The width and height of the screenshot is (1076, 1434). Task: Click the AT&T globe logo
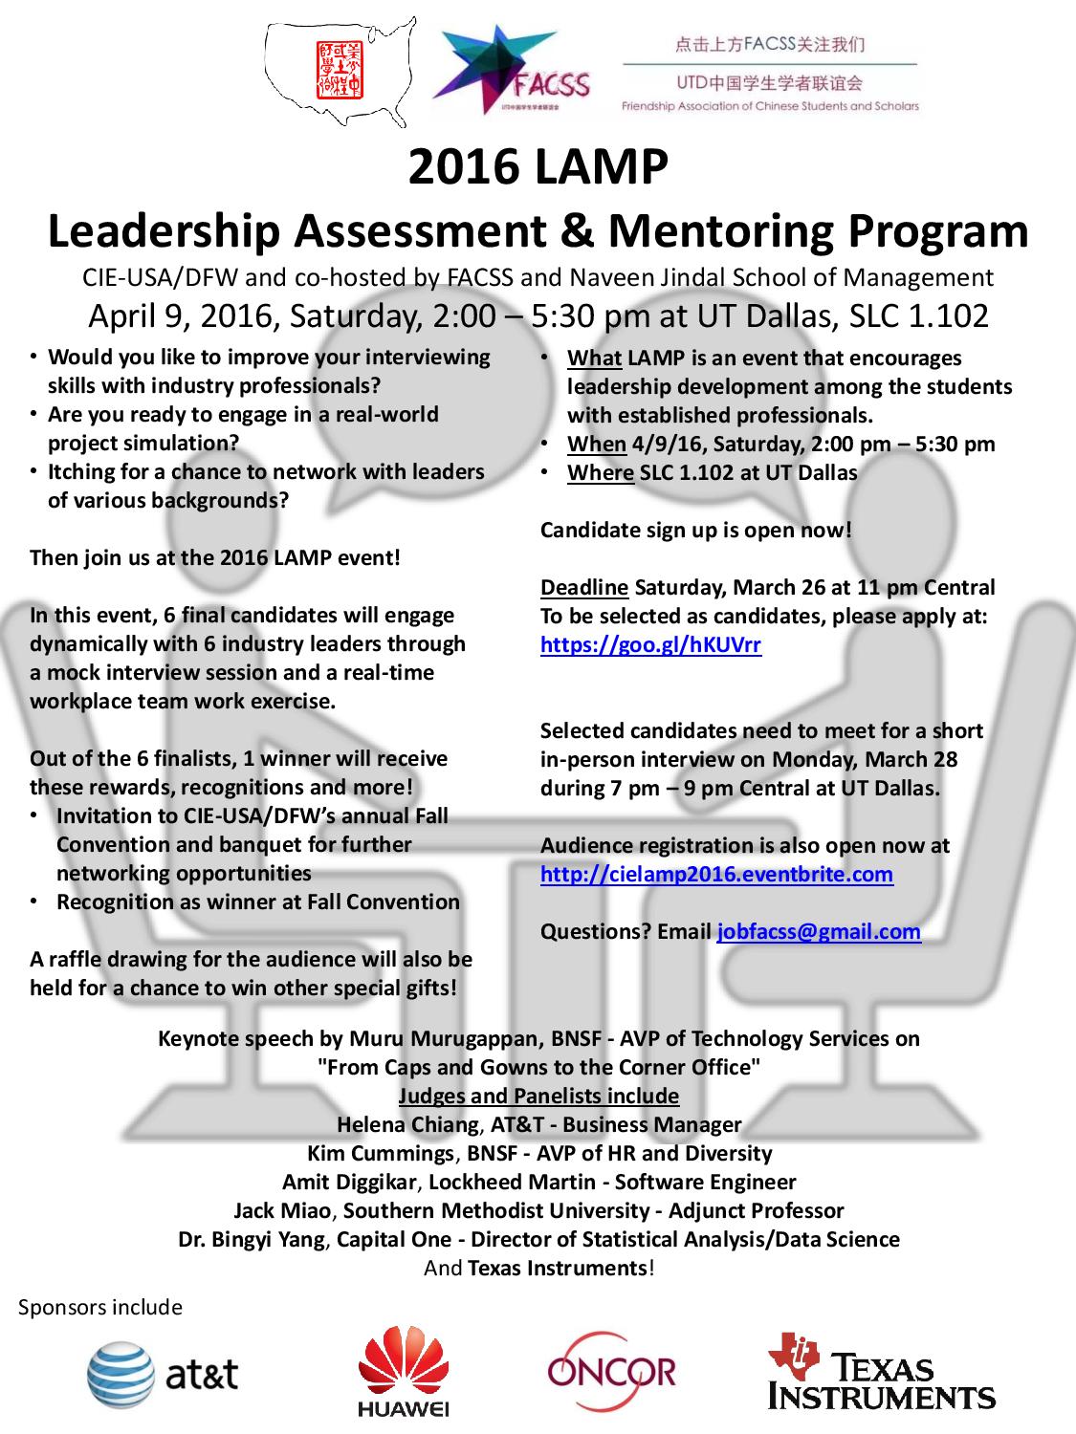pos(119,1375)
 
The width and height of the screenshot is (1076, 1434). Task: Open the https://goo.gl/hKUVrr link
pos(650,644)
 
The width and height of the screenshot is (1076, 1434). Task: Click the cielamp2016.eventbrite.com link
pos(716,874)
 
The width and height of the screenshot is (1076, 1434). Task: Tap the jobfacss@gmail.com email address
pos(819,931)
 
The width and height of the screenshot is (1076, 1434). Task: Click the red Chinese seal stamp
pos(340,69)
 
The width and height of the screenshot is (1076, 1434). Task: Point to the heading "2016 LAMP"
pos(538,167)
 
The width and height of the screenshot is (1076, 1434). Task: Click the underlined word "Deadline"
pos(584,587)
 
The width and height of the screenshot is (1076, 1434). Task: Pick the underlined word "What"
pos(594,358)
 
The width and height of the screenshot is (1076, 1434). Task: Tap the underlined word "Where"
pos(600,472)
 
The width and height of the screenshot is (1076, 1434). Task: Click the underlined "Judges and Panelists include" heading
pos(538,1096)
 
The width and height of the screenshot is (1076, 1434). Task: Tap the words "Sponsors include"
pos(100,1307)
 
